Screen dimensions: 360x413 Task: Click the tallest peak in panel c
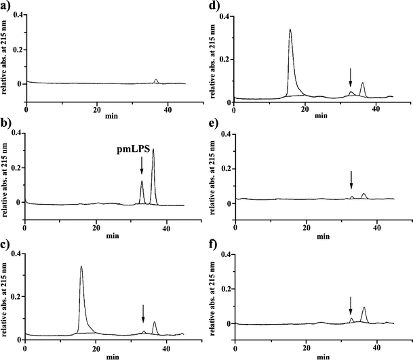click(x=81, y=267)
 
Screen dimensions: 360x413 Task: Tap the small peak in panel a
click(x=157, y=80)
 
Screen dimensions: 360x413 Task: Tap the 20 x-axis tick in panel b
click(x=96, y=228)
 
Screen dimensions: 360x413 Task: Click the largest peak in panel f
click(x=364, y=308)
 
